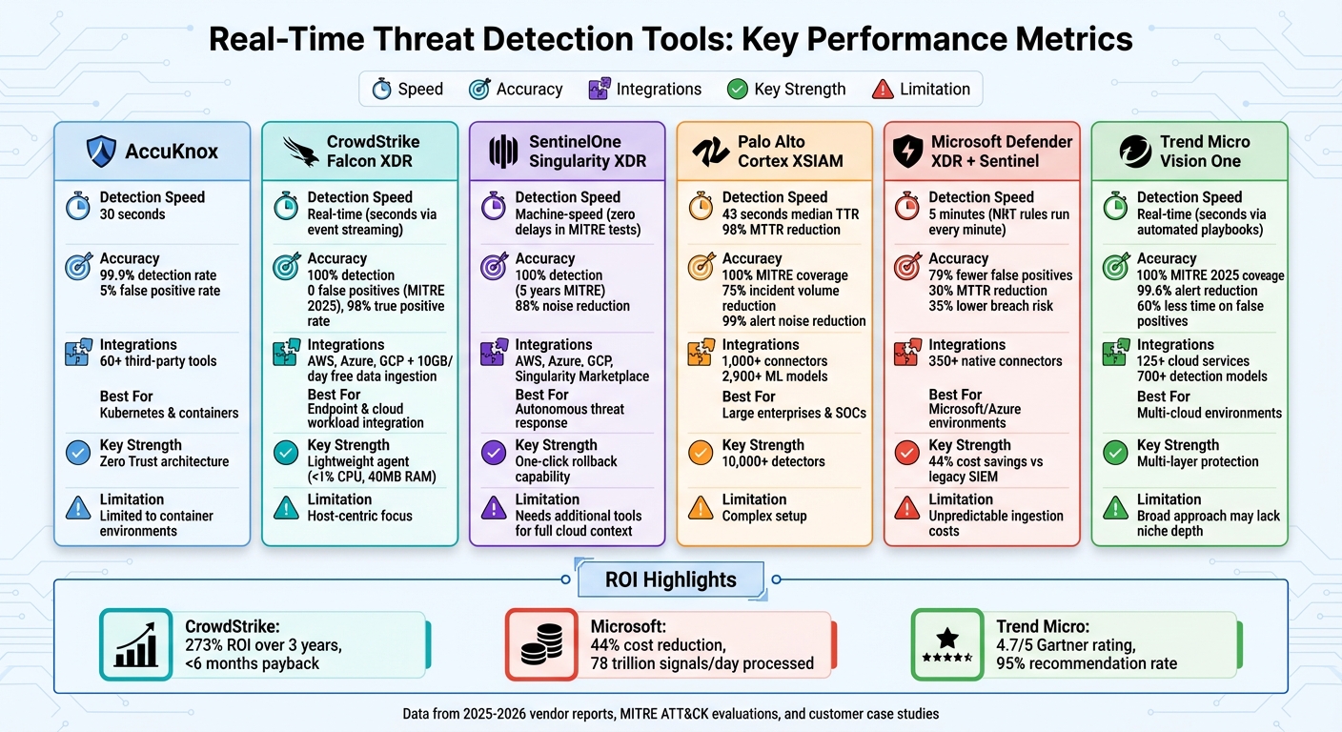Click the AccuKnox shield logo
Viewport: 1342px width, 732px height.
coord(101,151)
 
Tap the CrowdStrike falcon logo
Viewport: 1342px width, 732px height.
coord(301,152)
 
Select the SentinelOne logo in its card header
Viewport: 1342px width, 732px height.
coord(502,152)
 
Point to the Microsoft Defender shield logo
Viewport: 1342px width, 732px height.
coord(906,152)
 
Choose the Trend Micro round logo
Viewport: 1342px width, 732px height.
coord(1134,152)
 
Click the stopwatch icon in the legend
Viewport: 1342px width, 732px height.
coord(382,89)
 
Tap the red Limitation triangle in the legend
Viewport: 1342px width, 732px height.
coord(884,89)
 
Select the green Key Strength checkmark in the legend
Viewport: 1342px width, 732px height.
coord(737,89)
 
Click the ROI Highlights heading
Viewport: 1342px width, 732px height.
coord(671,579)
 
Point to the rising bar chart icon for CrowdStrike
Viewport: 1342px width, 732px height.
coord(135,644)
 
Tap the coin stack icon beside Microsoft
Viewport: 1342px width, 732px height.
coord(540,644)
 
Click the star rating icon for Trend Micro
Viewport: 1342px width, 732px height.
coord(946,644)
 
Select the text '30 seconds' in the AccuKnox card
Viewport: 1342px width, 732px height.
coord(132,214)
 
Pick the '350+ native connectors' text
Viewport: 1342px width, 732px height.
coord(995,361)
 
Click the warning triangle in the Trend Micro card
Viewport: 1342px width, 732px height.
coord(1115,507)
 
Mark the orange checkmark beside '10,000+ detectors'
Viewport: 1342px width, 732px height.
coord(701,453)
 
